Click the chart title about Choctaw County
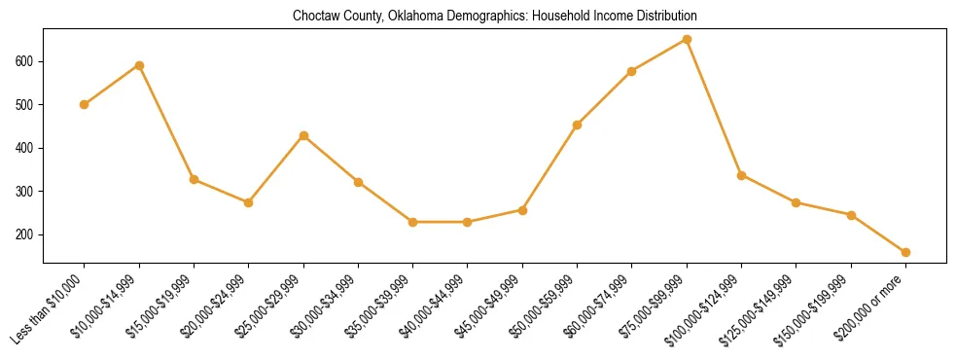point(495,17)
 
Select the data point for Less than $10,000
point(85,104)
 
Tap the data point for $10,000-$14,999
point(139,65)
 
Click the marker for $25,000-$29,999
point(303,135)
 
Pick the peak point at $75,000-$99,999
point(687,39)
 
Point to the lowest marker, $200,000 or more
point(905,252)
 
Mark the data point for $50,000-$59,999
point(577,125)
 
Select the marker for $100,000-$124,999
point(741,175)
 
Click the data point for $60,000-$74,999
point(632,71)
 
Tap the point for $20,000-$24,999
point(249,202)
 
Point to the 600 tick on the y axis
point(28,61)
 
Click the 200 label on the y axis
point(28,234)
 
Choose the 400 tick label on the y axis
point(28,148)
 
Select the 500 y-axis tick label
point(28,104)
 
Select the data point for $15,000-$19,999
point(194,180)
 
